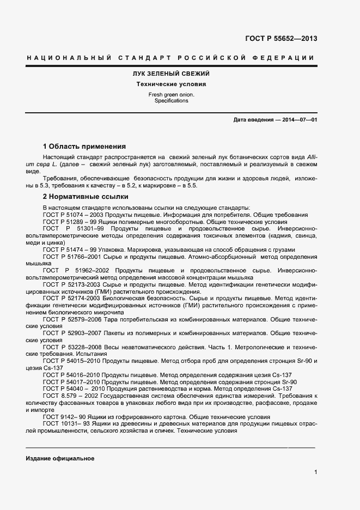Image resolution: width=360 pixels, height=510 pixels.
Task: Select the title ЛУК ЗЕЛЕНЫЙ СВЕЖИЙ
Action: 171,74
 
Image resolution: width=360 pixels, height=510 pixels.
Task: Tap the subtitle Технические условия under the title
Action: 171,84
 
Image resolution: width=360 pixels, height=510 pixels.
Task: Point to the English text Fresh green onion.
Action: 171,95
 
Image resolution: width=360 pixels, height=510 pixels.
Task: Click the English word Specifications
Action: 171,101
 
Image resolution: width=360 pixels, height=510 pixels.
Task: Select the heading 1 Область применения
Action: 84,146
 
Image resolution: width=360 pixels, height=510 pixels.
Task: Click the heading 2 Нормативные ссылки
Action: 85,197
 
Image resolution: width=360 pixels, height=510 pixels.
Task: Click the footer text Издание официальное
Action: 60,458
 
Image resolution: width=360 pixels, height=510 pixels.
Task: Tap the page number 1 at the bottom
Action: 315,472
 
